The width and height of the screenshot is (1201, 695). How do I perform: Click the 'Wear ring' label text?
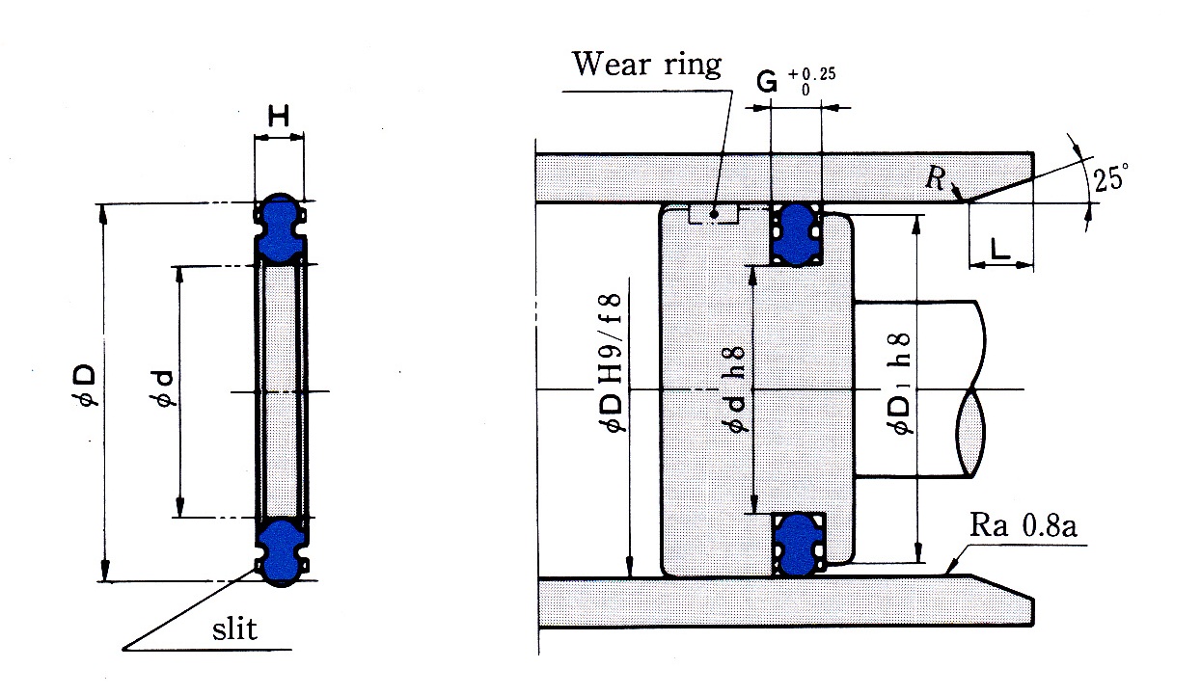coord(646,65)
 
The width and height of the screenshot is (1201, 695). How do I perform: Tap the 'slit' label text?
coord(234,628)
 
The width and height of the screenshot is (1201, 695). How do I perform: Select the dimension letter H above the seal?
coord(279,116)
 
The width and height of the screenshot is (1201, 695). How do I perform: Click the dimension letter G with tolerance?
coord(766,82)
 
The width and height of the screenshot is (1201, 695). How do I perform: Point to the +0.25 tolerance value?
coord(811,74)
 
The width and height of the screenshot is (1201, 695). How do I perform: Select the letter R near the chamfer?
coord(936,177)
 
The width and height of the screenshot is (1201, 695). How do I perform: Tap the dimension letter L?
coord(1000,249)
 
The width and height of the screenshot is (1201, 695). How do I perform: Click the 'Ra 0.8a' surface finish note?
coord(1023,525)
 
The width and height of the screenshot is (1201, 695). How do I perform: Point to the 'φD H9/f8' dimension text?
coord(612,362)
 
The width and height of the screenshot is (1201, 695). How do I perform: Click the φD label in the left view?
coord(86,385)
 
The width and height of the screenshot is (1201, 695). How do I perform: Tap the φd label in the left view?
coord(164,388)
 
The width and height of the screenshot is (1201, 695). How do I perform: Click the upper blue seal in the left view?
coord(280,227)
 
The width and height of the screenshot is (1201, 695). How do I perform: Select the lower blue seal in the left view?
coord(281,552)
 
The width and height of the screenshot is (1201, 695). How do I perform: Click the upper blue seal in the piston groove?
coord(797,234)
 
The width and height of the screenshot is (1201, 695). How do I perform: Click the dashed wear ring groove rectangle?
coord(714,213)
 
